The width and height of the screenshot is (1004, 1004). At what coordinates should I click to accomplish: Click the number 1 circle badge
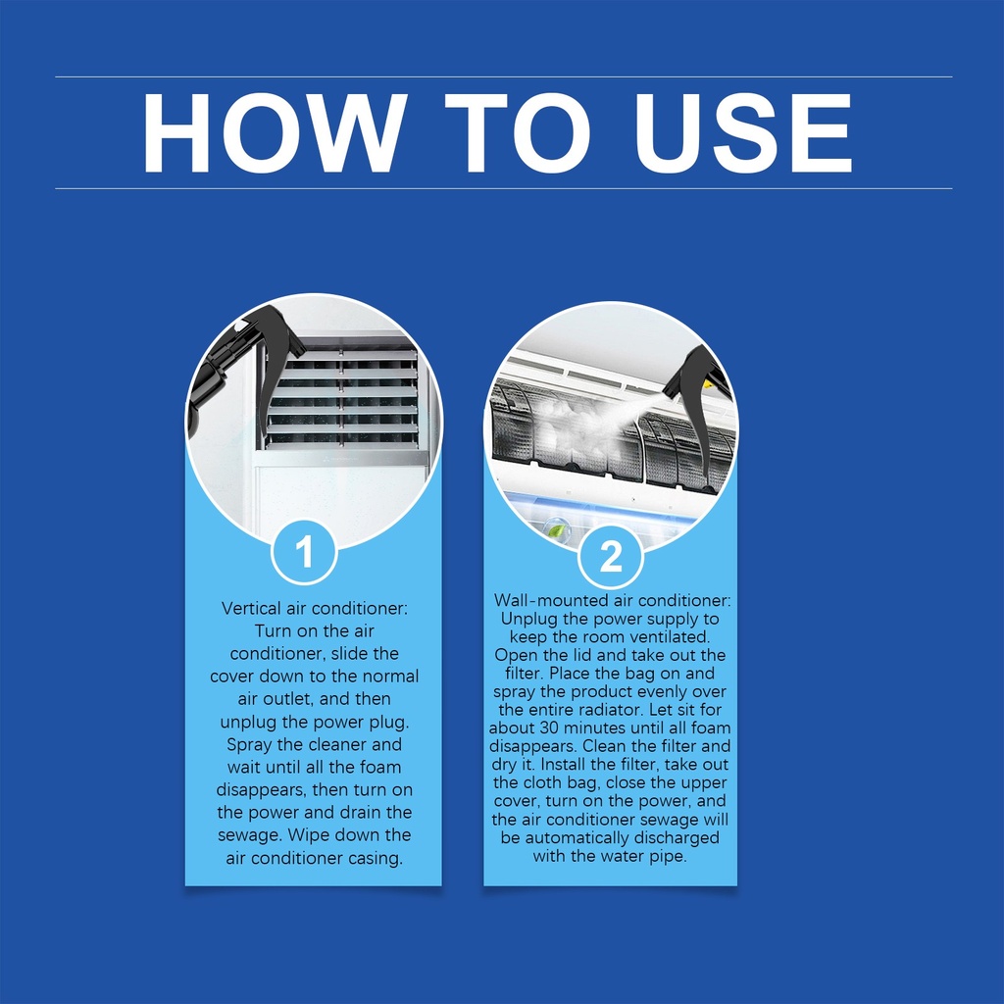(304, 552)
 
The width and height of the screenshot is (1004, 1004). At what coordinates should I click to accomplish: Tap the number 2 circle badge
(610, 556)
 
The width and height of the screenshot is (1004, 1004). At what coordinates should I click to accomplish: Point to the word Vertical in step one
(251, 608)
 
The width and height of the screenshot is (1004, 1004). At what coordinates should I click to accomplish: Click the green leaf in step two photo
(558, 529)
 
